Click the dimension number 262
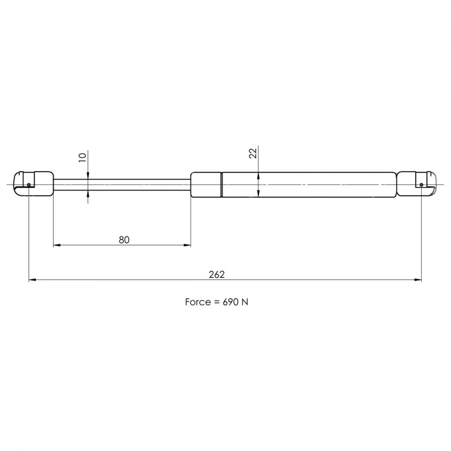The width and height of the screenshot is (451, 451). [216, 274]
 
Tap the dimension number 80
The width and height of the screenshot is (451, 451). [124, 239]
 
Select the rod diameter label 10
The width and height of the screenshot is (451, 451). [82, 157]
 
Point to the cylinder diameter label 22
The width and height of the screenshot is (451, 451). [253, 153]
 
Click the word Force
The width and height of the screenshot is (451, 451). [197, 302]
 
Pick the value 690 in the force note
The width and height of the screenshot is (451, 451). [230, 302]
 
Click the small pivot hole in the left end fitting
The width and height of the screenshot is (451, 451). [29, 184]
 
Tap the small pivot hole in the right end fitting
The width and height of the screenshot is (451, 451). [421, 184]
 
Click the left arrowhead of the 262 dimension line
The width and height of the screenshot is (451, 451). [32, 280]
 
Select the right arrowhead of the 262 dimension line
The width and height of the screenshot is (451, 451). [418, 280]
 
